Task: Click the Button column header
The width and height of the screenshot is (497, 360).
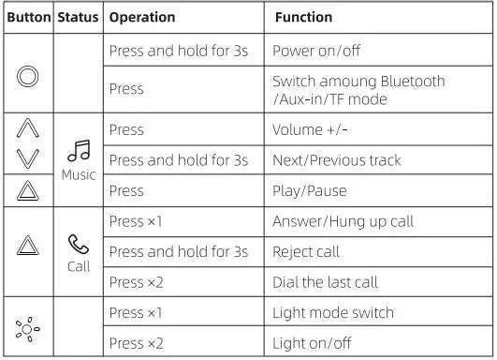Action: click(x=28, y=18)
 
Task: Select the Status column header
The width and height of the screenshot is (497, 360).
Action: click(x=78, y=18)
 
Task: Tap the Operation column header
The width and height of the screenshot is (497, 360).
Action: click(x=141, y=18)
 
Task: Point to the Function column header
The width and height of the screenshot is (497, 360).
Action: click(x=303, y=18)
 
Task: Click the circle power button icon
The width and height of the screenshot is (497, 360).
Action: click(x=28, y=75)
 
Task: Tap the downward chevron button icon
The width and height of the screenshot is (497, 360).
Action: click(x=28, y=159)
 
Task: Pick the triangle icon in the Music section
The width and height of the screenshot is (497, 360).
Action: click(x=28, y=191)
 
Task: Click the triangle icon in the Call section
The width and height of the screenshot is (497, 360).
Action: click(x=28, y=249)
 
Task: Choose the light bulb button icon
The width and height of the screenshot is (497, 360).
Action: click(x=28, y=328)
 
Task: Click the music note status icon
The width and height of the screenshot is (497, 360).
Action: click(x=79, y=151)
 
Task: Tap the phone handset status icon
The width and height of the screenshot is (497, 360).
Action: click(x=79, y=244)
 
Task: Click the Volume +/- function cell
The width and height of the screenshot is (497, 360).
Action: click(x=310, y=130)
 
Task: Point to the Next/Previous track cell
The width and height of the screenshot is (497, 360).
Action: click(x=336, y=160)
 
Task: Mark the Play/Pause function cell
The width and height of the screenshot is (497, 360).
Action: click(x=309, y=191)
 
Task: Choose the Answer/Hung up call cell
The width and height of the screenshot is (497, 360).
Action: click(x=343, y=222)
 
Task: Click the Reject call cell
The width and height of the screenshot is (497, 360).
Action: click(x=306, y=252)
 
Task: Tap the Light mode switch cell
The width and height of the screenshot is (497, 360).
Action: click(x=332, y=312)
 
